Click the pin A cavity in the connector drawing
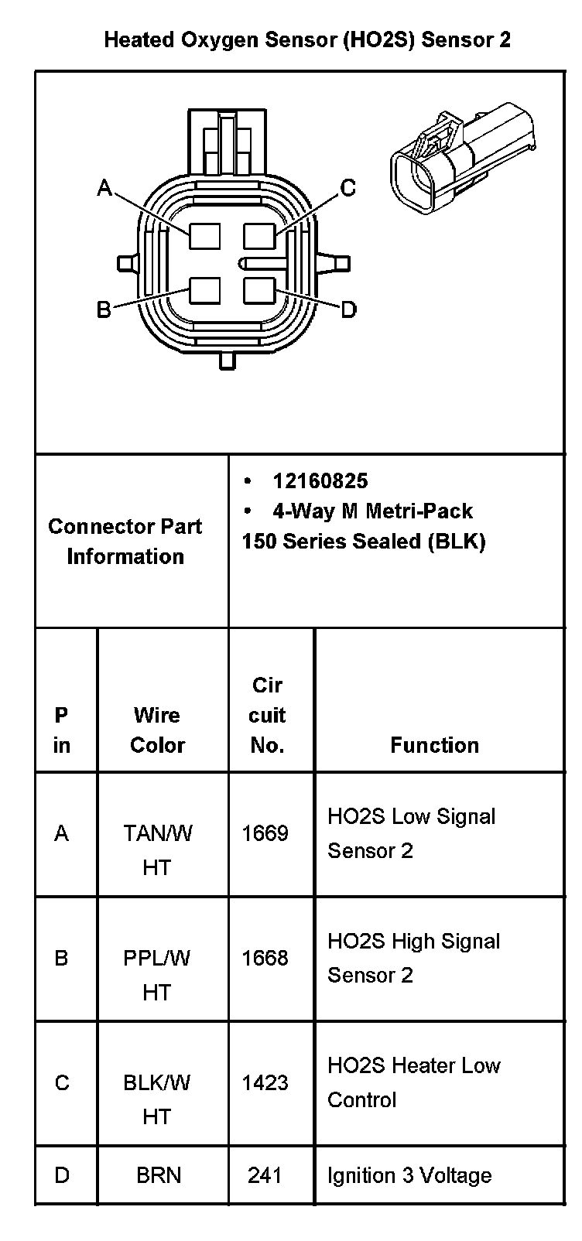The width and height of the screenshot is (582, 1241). [205, 234]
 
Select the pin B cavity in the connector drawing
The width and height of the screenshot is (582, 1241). [205, 292]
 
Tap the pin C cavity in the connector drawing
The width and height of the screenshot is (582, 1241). [258, 234]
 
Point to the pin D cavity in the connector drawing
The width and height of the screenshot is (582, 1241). [258, 292]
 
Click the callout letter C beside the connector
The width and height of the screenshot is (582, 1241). [348, 188]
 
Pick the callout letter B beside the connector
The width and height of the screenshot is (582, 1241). [104, 310]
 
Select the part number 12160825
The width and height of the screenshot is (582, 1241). [320, 481]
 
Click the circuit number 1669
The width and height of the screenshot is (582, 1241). [265, 833]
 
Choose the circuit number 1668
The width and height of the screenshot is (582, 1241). [265, 958]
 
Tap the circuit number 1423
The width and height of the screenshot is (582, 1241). [265, 1082]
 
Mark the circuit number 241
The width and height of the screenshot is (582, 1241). [265, 1175]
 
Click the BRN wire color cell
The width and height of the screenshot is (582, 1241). [159, 1175]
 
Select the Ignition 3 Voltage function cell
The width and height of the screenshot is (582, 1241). [409, 1176]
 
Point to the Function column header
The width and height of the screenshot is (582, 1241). [434, 745]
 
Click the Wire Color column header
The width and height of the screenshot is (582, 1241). [158, 730]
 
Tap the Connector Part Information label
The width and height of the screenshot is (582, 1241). [125, 541]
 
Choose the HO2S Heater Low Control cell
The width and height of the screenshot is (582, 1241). [413, 1082]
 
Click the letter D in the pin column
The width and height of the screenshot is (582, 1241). [62, 1175]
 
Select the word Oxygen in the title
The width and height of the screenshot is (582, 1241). [221, 40]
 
